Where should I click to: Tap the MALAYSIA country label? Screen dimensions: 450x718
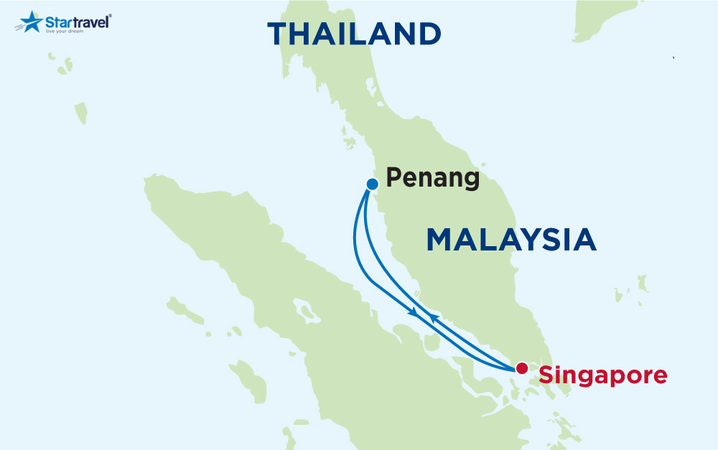point(511,240)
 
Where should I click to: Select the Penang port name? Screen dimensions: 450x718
point(432,178)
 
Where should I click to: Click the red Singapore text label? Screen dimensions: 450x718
point(603,375)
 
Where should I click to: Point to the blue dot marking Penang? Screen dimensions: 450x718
point(372,184)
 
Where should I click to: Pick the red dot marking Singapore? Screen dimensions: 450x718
point(522,367)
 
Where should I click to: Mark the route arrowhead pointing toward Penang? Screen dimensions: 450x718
point(432,316)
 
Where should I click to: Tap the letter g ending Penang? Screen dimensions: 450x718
point(471,181)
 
